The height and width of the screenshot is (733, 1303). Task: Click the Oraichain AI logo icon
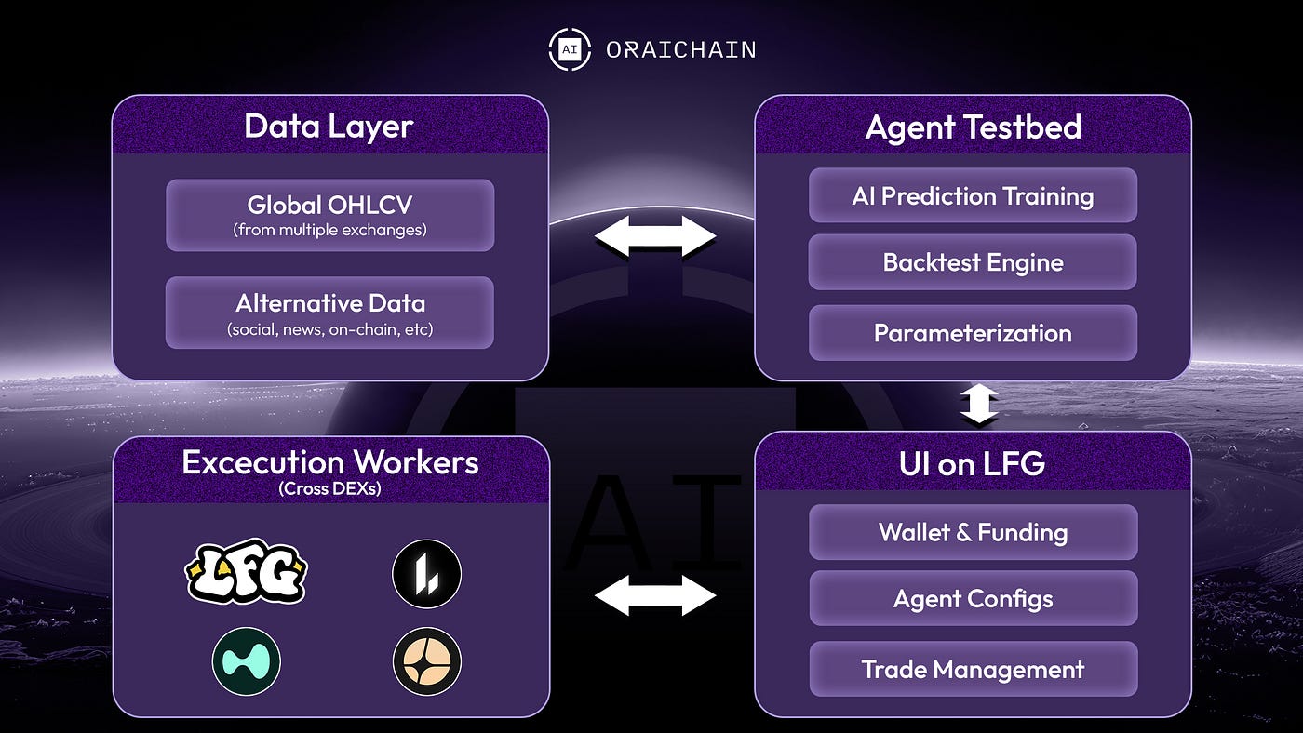(569, 50)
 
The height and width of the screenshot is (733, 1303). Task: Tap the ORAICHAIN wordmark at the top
(680, 50)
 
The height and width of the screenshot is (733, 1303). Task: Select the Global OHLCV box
(329, 215)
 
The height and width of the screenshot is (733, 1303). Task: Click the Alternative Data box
(329, 313)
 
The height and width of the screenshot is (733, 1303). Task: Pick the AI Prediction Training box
(973, 195)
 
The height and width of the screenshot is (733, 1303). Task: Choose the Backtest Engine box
(973, 262)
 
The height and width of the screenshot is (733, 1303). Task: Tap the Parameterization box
(973, 333)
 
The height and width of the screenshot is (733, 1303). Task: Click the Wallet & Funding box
(973, 532)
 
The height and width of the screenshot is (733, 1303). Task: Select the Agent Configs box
(973, 598)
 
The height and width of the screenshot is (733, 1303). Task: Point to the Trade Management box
(973, 669)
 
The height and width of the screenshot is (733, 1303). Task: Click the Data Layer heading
(329, 127)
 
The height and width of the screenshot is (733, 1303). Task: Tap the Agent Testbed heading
(973, 127)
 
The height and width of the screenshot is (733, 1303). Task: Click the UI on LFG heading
(973, 464)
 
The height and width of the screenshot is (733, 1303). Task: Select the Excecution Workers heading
(330, 462)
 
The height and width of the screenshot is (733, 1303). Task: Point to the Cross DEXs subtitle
(330, 487)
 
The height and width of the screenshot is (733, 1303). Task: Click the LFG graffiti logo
(246, 571)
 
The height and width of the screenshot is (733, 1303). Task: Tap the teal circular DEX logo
(246, 660)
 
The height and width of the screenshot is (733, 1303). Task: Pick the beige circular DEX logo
(426, 660)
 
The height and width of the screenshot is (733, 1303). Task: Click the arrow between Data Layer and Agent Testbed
(654, 236)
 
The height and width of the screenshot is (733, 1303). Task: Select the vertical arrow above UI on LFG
(979, 406)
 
